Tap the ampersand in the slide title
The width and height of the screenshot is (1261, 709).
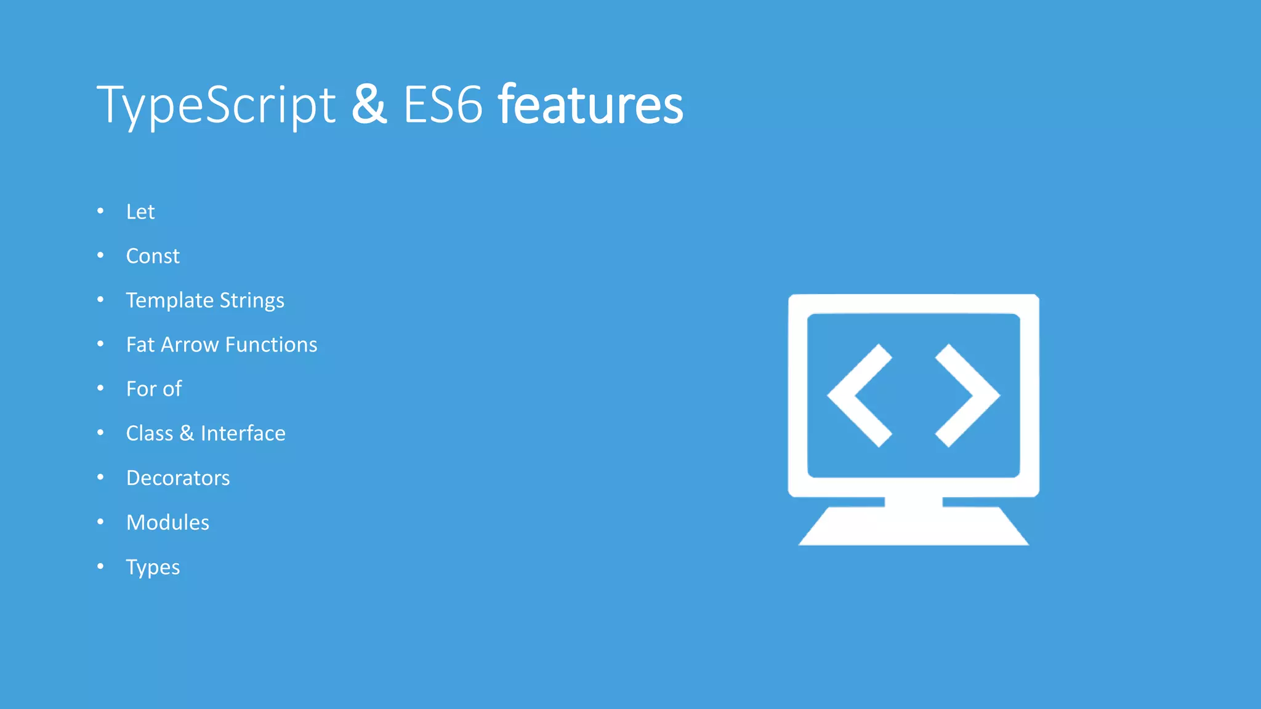(369, 105)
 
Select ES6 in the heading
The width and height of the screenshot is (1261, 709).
(443, 105)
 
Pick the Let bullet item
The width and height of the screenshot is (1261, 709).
(140, 212)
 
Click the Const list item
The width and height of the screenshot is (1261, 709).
(153, 256)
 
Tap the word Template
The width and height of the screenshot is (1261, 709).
(169, 301)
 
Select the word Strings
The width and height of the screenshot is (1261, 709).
(252, 301)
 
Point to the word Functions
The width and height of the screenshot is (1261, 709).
(271, 345)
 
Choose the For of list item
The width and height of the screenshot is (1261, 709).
(154, 389)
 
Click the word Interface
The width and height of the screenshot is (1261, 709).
(243, 433)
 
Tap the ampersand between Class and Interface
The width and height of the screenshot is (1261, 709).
(187, 433)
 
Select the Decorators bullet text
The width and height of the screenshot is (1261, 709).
(178, 478)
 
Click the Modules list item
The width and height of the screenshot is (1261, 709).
(167, 523)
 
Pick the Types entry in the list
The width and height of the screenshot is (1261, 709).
(153, 567)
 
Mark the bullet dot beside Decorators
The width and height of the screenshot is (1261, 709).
(100, 478)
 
